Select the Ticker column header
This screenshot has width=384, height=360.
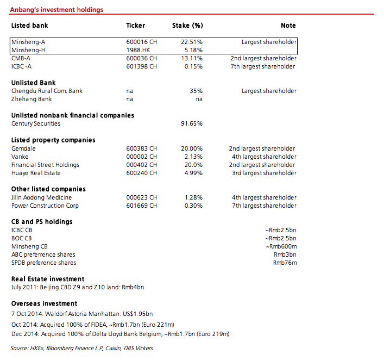coord(135,26)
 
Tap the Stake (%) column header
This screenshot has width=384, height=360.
coord(187,26)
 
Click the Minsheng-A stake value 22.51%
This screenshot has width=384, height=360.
coord(191,42)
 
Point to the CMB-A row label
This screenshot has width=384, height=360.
coord(21,58)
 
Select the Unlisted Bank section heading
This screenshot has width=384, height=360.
coord(33,83)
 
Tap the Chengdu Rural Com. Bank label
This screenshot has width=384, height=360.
coord(47,91)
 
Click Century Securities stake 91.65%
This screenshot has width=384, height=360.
coord(191,123)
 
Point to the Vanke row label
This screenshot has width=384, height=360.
coord(20,157)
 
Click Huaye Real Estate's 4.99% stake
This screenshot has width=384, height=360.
coord(193,173)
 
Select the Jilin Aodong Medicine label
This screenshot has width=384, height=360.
coord(41,197)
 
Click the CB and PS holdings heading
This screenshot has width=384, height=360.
coord(42,222)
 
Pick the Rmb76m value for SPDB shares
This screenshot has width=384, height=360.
coord(285,263)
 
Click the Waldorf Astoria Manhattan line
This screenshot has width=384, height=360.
coord(82,314)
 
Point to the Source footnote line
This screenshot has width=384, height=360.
coord(81,348)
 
